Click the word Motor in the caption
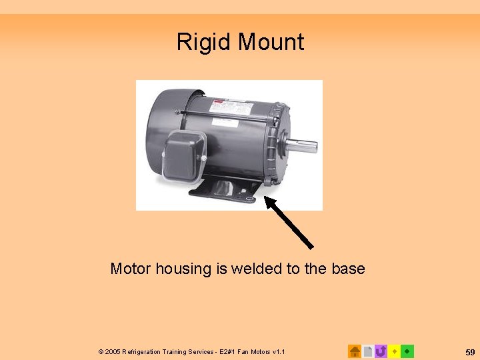[131, 269]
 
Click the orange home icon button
[355, 351]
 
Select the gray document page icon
[368, 351]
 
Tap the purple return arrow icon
[381, 351]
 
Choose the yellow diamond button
[394, 351]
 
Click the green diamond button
[407, 351]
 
